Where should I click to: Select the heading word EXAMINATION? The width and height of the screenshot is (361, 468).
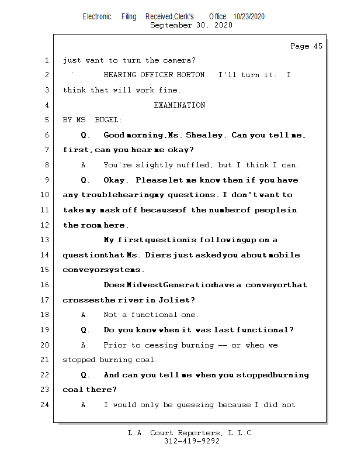tap(179, 105)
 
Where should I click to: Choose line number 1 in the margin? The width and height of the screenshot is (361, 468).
tap(47, 60)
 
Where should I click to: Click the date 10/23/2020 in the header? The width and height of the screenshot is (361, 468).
tap(248, 17)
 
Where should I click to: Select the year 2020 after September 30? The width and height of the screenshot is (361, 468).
tap(223, 25)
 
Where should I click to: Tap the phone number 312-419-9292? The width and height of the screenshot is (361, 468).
tap(192, 441)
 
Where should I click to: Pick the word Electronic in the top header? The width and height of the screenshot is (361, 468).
tap(97, 17)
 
